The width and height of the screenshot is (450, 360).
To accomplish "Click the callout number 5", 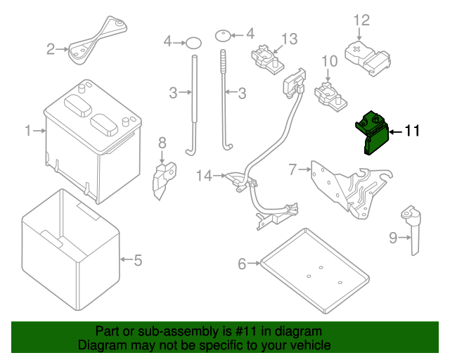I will (138, 260).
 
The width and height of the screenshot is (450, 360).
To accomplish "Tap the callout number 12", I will (361, 20).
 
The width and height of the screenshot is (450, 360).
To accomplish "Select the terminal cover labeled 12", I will (368, 55).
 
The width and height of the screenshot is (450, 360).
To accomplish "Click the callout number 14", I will (204, 176).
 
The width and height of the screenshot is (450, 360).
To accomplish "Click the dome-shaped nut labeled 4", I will (221, 32).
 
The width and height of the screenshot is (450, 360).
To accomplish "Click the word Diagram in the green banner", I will (102, 346).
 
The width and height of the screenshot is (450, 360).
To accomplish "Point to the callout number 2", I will (51, 49).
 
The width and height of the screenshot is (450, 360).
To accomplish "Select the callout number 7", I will (292, 169).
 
